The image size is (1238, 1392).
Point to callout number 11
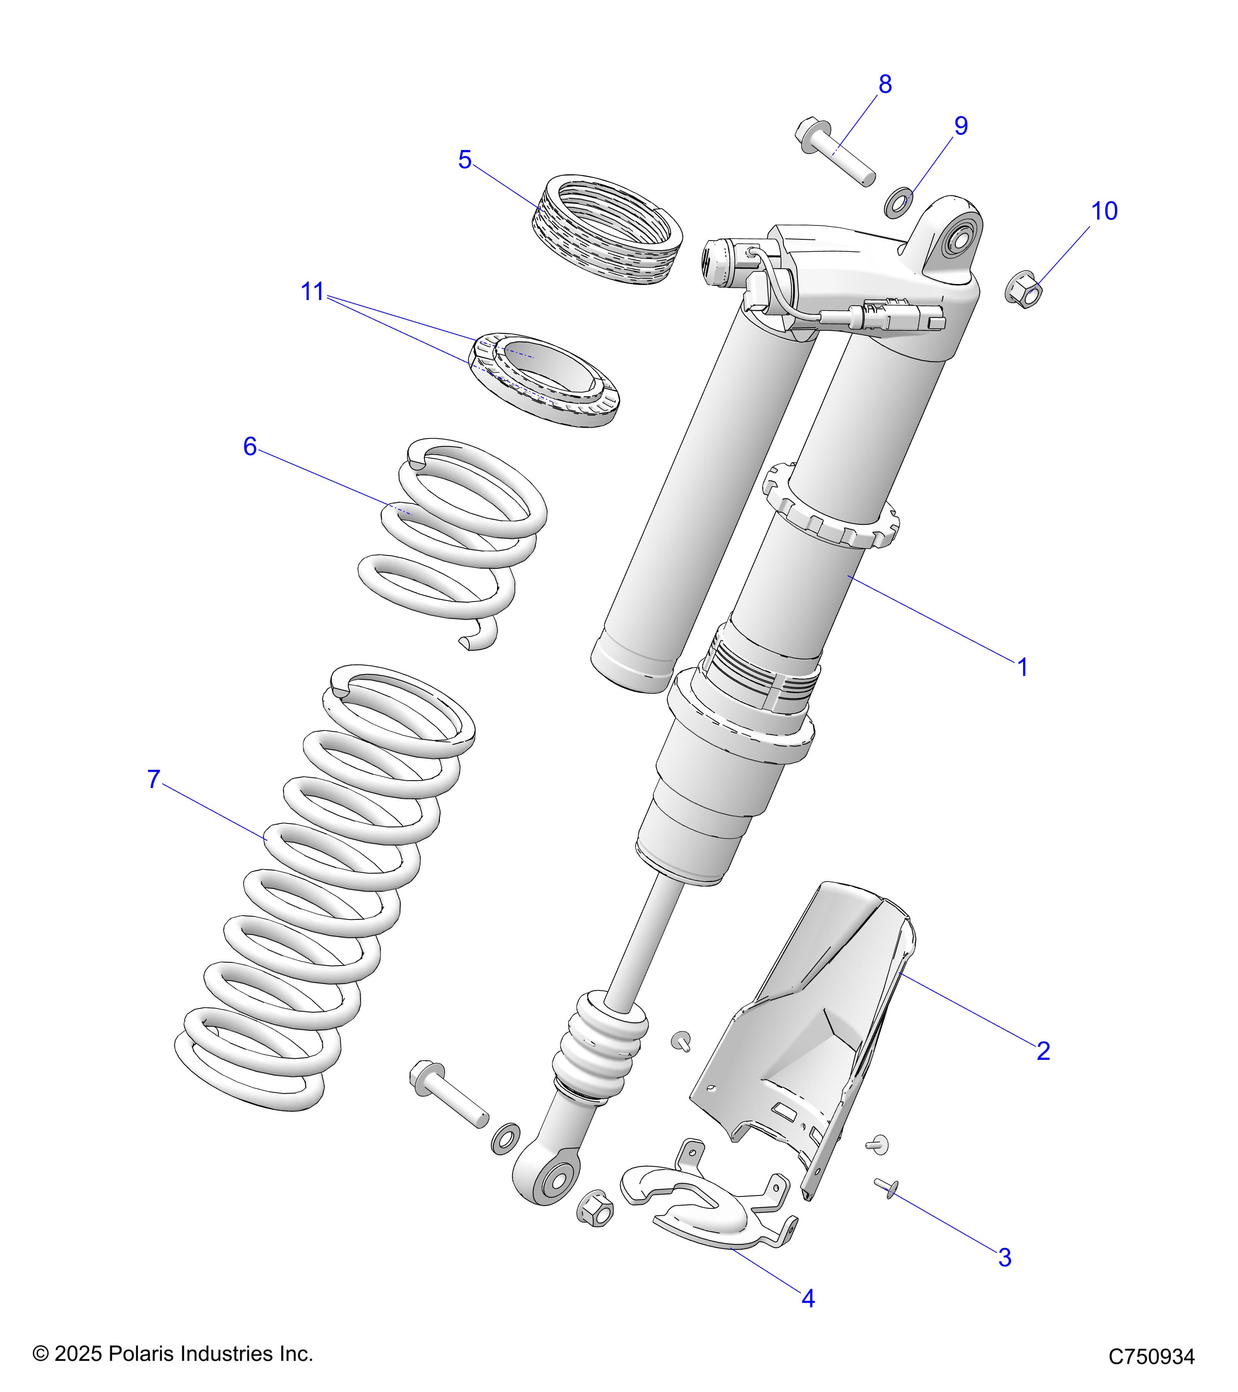click(x=312, y=292)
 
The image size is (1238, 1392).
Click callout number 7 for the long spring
click(x=154, y=779)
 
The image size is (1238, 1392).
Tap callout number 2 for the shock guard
click(x=1043, y=1051)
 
